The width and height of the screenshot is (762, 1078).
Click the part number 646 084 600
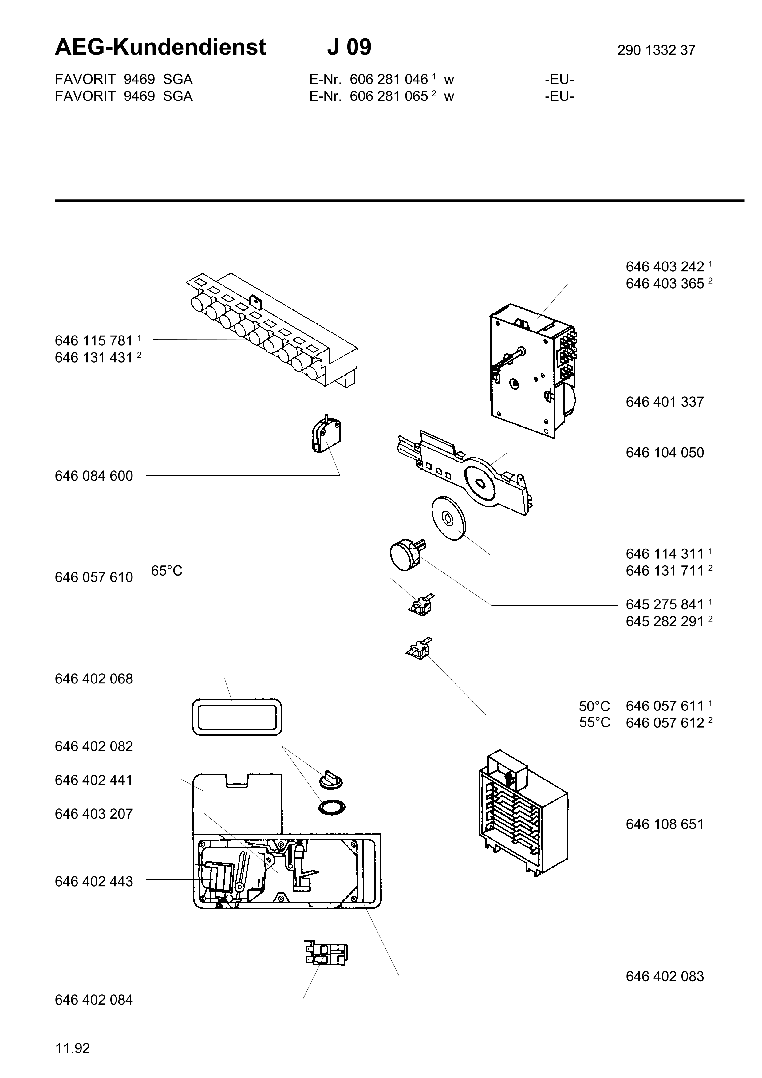(x=94, y=476)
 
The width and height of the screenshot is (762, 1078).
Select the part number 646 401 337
(x=665, y=402)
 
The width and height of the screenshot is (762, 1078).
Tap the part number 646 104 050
(x=665, y=453)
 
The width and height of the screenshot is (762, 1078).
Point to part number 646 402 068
(x=94, y=679)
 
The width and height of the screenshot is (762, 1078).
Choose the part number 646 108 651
(x=665, y=824)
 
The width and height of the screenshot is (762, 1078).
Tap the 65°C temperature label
(x=167, y=570)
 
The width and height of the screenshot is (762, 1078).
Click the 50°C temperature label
(x=594, y=706)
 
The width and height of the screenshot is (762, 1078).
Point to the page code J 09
(x=349, y=47)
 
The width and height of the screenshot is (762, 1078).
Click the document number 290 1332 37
(x=656, y=50)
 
